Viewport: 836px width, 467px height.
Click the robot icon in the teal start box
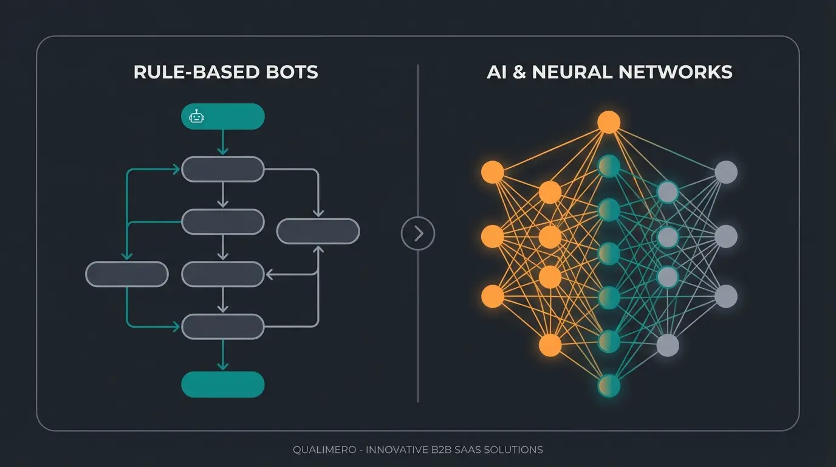196,117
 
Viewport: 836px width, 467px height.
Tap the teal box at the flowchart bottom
223,384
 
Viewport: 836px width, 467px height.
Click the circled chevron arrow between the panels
418,233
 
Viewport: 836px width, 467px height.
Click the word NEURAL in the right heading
572,72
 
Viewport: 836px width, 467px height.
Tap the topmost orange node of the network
608,122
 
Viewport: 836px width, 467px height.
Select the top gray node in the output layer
725,172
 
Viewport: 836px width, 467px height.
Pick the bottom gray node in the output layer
725,296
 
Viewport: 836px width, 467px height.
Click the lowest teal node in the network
608,386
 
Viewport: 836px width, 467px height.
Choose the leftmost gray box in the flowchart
126,274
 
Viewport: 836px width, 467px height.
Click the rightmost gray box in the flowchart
318,232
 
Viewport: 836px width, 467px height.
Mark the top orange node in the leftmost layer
493,172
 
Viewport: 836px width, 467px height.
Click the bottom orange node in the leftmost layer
493,296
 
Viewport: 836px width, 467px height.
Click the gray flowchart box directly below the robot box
223,169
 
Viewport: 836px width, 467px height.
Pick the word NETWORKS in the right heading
676,72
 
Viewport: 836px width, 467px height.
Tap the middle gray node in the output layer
725,236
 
